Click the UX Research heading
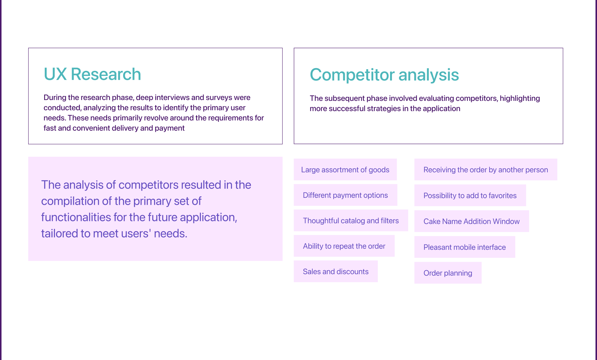92,74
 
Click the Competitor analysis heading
384,75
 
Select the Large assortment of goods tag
345,170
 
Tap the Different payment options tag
345,195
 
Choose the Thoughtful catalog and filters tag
351,221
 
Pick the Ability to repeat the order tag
344,246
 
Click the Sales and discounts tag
335,271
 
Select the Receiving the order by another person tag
486,170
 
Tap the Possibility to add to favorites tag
470,195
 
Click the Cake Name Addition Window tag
471,221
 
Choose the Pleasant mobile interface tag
465,247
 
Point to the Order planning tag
448,273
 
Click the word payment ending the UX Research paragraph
170,129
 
